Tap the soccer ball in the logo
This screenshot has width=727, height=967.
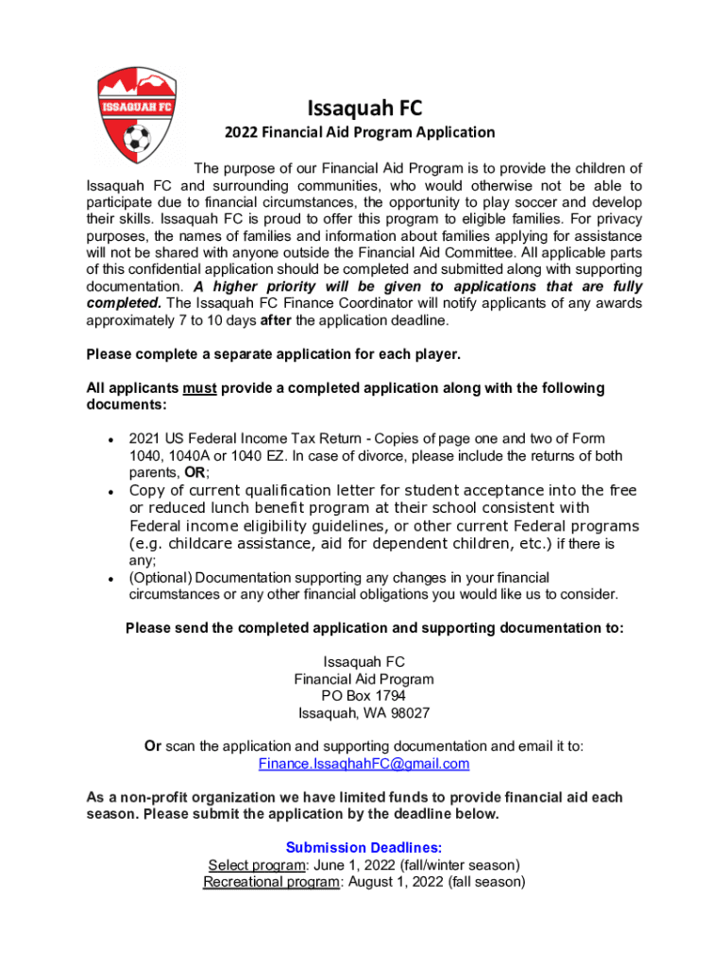(136, 140)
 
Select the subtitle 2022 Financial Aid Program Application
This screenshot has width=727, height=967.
(359, 133)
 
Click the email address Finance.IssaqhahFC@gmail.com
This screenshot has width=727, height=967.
(363, 764)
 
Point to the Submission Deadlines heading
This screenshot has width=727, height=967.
(363, 848)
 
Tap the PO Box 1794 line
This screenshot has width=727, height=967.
(363, 696)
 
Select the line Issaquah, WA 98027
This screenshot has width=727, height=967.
(363, 713)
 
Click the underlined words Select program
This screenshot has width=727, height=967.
(243, 865)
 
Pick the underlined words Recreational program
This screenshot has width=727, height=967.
(271, 882)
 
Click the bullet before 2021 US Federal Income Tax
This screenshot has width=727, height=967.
(110, 440)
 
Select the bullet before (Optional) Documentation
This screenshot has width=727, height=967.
(110, 578)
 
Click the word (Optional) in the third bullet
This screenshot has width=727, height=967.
(161, 577)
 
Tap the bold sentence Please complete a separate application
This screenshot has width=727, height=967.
(273, 355)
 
